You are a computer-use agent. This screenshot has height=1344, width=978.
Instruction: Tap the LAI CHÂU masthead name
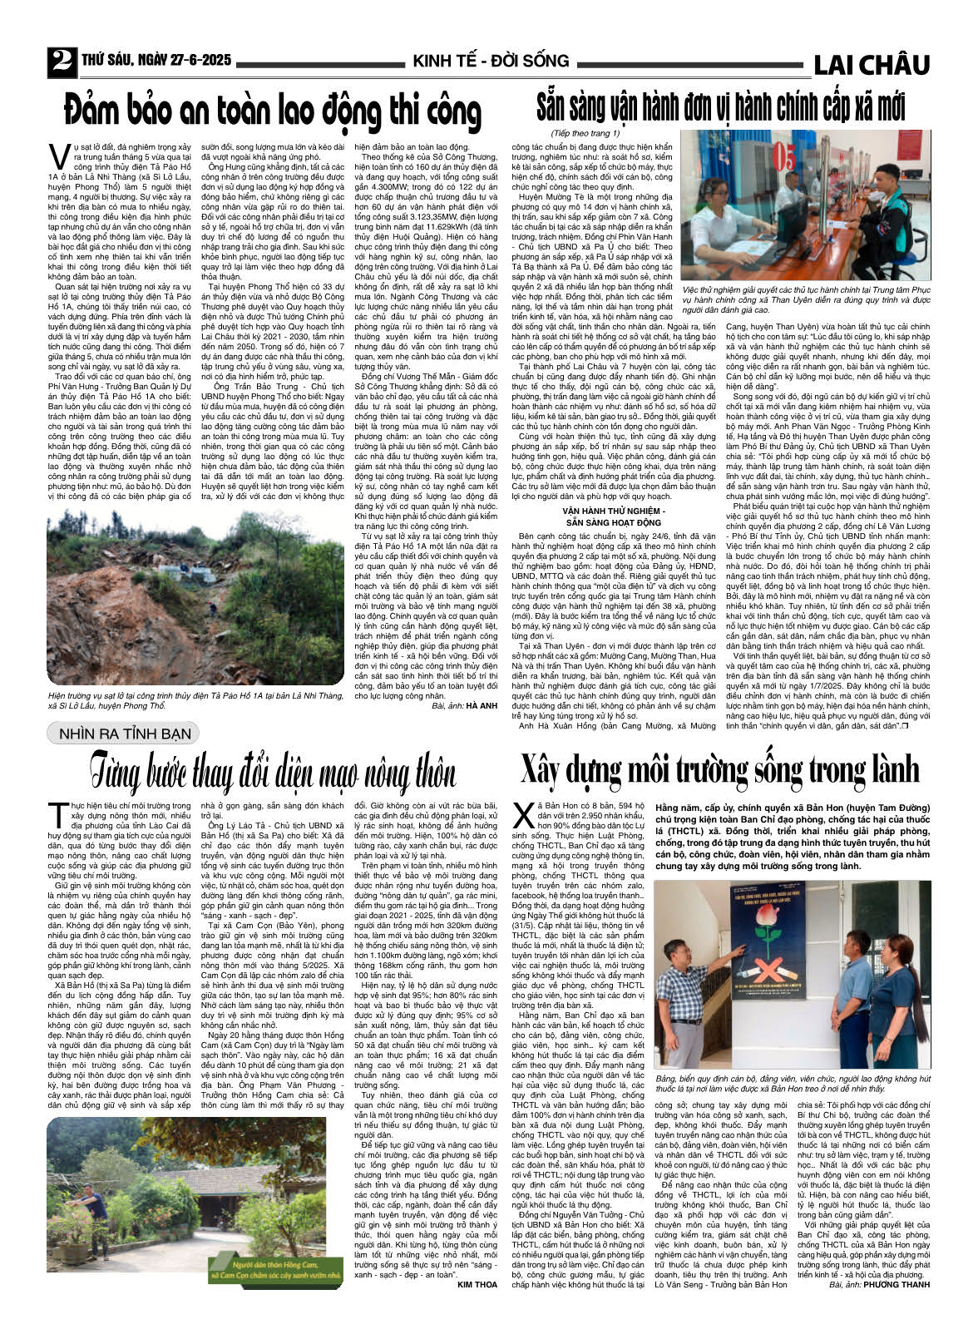click(x=871, y=64)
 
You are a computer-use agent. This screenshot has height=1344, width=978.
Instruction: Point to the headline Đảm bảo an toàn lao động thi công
click(x=273, y=111)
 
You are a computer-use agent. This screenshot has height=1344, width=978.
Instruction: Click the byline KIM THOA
click(x=477, y=1284)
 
